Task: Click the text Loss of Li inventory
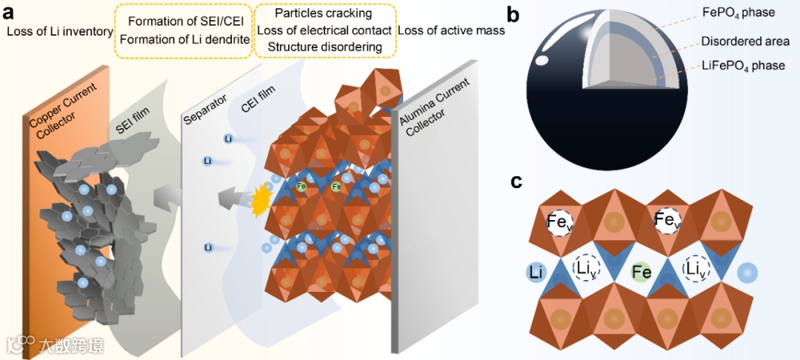[x=59, y=31]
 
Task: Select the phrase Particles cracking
[x=323, y=14]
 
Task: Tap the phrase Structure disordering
[x=324, y=47]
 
